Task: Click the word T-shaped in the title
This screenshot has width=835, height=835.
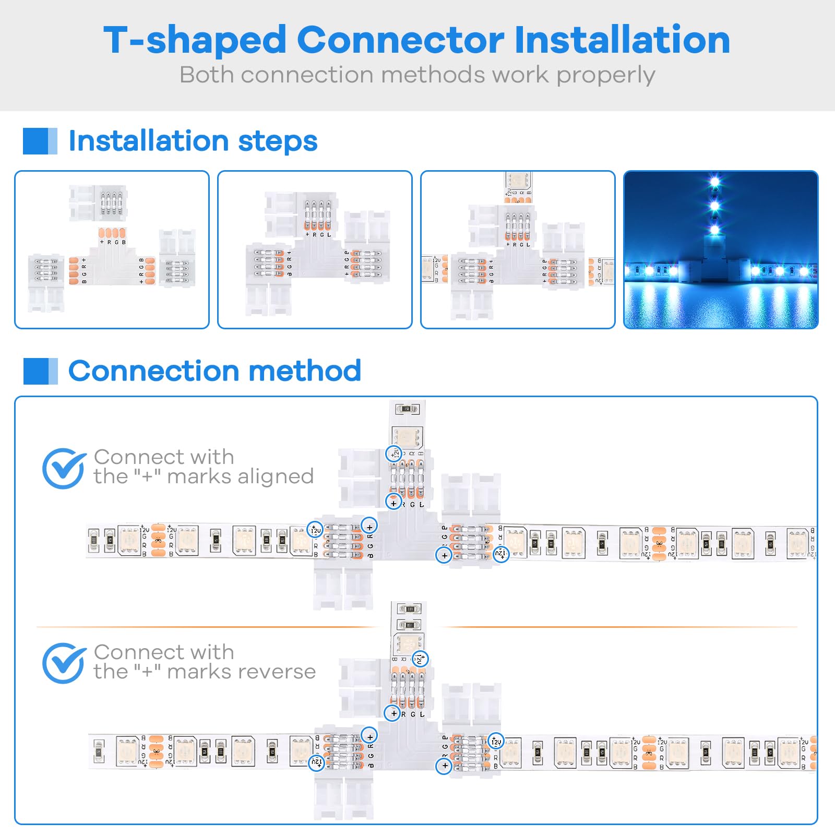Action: [x=195, y=41]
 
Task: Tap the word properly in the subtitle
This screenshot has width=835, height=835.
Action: [x=605, y=75]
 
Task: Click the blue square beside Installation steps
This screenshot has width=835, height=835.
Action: [x=40, y=141]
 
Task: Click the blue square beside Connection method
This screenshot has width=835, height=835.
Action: [x=40, y=371]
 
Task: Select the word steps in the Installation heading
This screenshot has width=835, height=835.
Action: [x=277, y=141]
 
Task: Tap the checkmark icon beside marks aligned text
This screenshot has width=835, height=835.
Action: [x=63, y=468]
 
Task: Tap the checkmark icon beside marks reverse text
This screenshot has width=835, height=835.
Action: [x=63, y=663]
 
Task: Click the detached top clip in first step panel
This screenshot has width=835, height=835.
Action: [x=98, y=203]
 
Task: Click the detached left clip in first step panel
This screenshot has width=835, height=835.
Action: [x=46, y=282]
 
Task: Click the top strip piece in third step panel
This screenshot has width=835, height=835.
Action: [x=518, y=186]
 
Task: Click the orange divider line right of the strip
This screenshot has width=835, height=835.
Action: [x=618, y=627]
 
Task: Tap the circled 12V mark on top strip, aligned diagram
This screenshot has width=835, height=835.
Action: [x=394, y=454]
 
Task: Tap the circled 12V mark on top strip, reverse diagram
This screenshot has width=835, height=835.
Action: [x=420, y=659]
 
